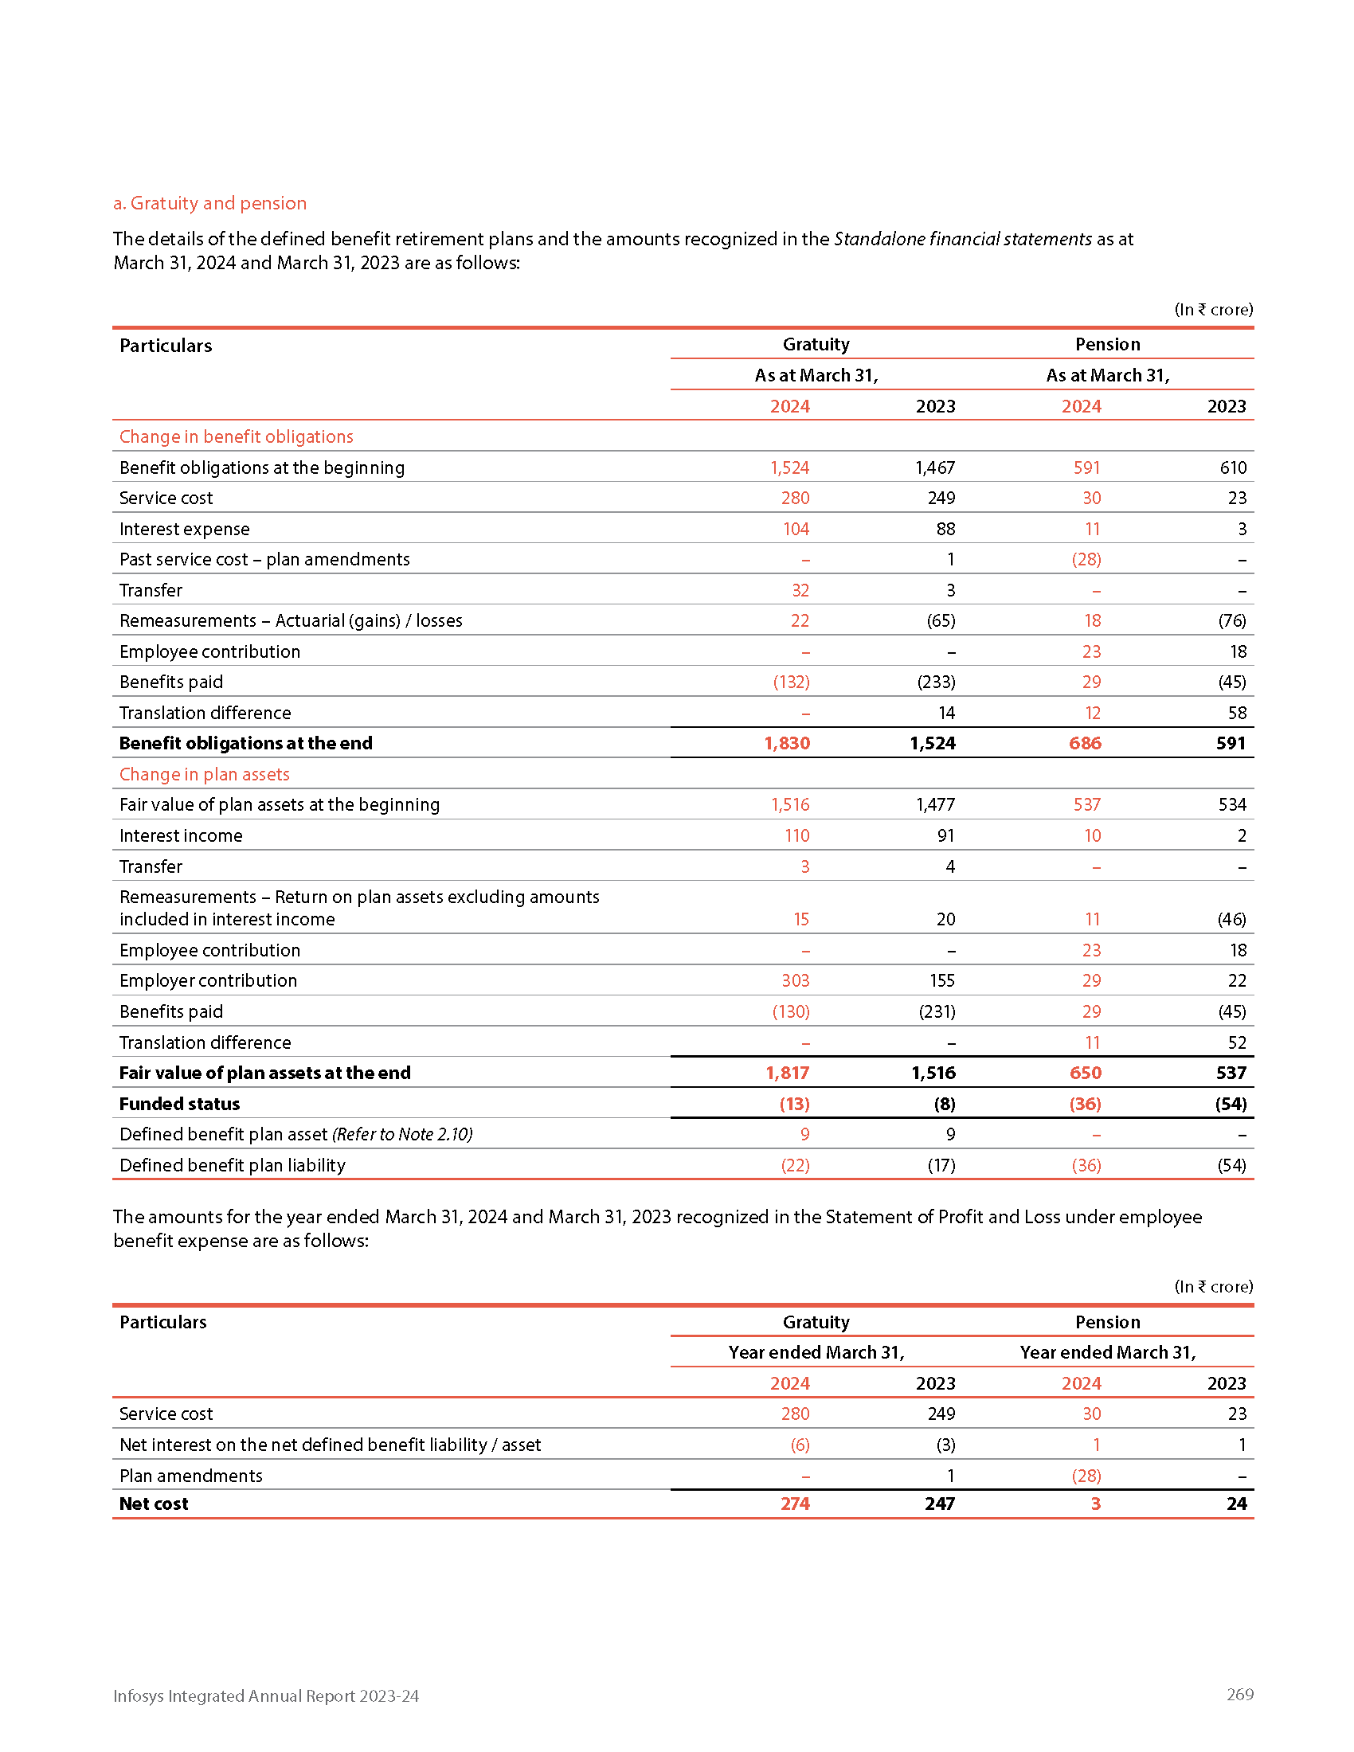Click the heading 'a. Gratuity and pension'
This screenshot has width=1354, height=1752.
tap(209, 203)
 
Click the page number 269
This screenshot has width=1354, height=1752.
tap(1239, 1693)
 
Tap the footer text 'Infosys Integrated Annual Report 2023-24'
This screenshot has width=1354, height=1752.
tap(265, 1695)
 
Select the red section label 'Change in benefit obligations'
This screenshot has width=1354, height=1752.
tap(236, 436)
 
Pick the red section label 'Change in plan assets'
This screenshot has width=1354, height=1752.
tap(204, 774)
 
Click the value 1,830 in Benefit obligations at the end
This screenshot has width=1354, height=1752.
tap(787, 743)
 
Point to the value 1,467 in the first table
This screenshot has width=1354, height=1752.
tap(935, 467)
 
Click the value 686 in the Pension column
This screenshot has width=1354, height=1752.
tap(1085, 743)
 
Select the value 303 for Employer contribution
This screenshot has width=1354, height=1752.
tap(795, 980)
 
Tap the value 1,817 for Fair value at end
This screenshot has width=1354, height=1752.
tap(787, 1073)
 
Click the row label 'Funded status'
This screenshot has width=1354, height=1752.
tap(180, 1104)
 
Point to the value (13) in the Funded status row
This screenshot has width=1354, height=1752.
tap(794, 1104)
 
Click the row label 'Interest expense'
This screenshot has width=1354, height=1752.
tap(185, 529)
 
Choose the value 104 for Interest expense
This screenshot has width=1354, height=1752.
tap(796, 529)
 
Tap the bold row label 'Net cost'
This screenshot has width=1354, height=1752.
tap(153, 1504)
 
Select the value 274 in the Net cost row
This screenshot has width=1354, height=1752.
tap(795, 1504)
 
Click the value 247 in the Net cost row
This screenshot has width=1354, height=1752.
tap(939, 1504)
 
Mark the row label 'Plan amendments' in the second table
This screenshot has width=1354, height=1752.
tap(191, 1475)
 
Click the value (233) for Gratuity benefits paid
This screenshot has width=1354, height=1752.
tap(936, 682)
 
